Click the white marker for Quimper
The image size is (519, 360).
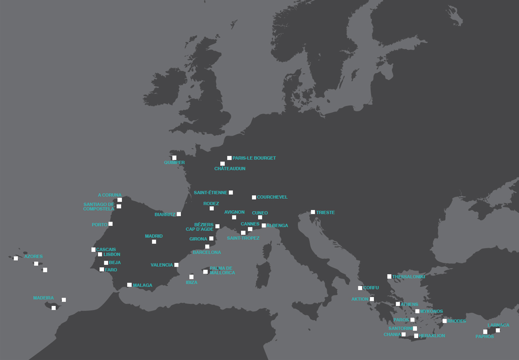tap(174, 158)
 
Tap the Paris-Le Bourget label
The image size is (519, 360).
tap(254, 158)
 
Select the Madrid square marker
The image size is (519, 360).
tap(154, 241)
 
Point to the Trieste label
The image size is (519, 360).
tap(326, 213)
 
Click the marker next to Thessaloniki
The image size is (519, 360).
tap(389, 276)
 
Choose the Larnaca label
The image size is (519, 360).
tap(498, 325)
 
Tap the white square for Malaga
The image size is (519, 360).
tap(129, 285)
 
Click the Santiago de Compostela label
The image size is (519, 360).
tap(99, 207)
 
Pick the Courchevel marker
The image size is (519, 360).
tap(254, 197)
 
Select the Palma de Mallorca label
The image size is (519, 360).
tap(222, 271)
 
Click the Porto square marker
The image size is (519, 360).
tap(110, 224)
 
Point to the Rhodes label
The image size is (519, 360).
tap(457, 321)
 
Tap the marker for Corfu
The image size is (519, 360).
tap(360, 288)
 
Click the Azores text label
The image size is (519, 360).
tap(34, 257)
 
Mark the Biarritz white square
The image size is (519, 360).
tap(179, 214)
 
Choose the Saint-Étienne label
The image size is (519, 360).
tap(210, 193)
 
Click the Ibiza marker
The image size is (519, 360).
tap(191, 277)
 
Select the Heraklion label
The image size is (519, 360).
tap(432, 336)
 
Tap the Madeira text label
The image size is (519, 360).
tap(44, 298)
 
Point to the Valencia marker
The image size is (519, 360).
tap(176, 265)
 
